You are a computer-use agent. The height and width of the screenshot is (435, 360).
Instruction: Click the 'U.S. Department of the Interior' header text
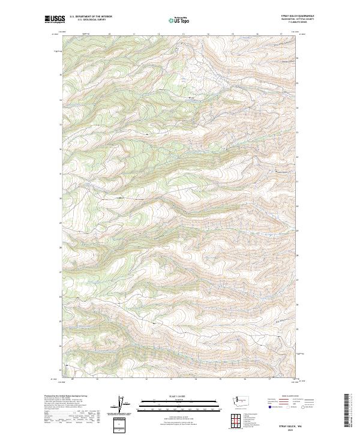pos(91,17)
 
